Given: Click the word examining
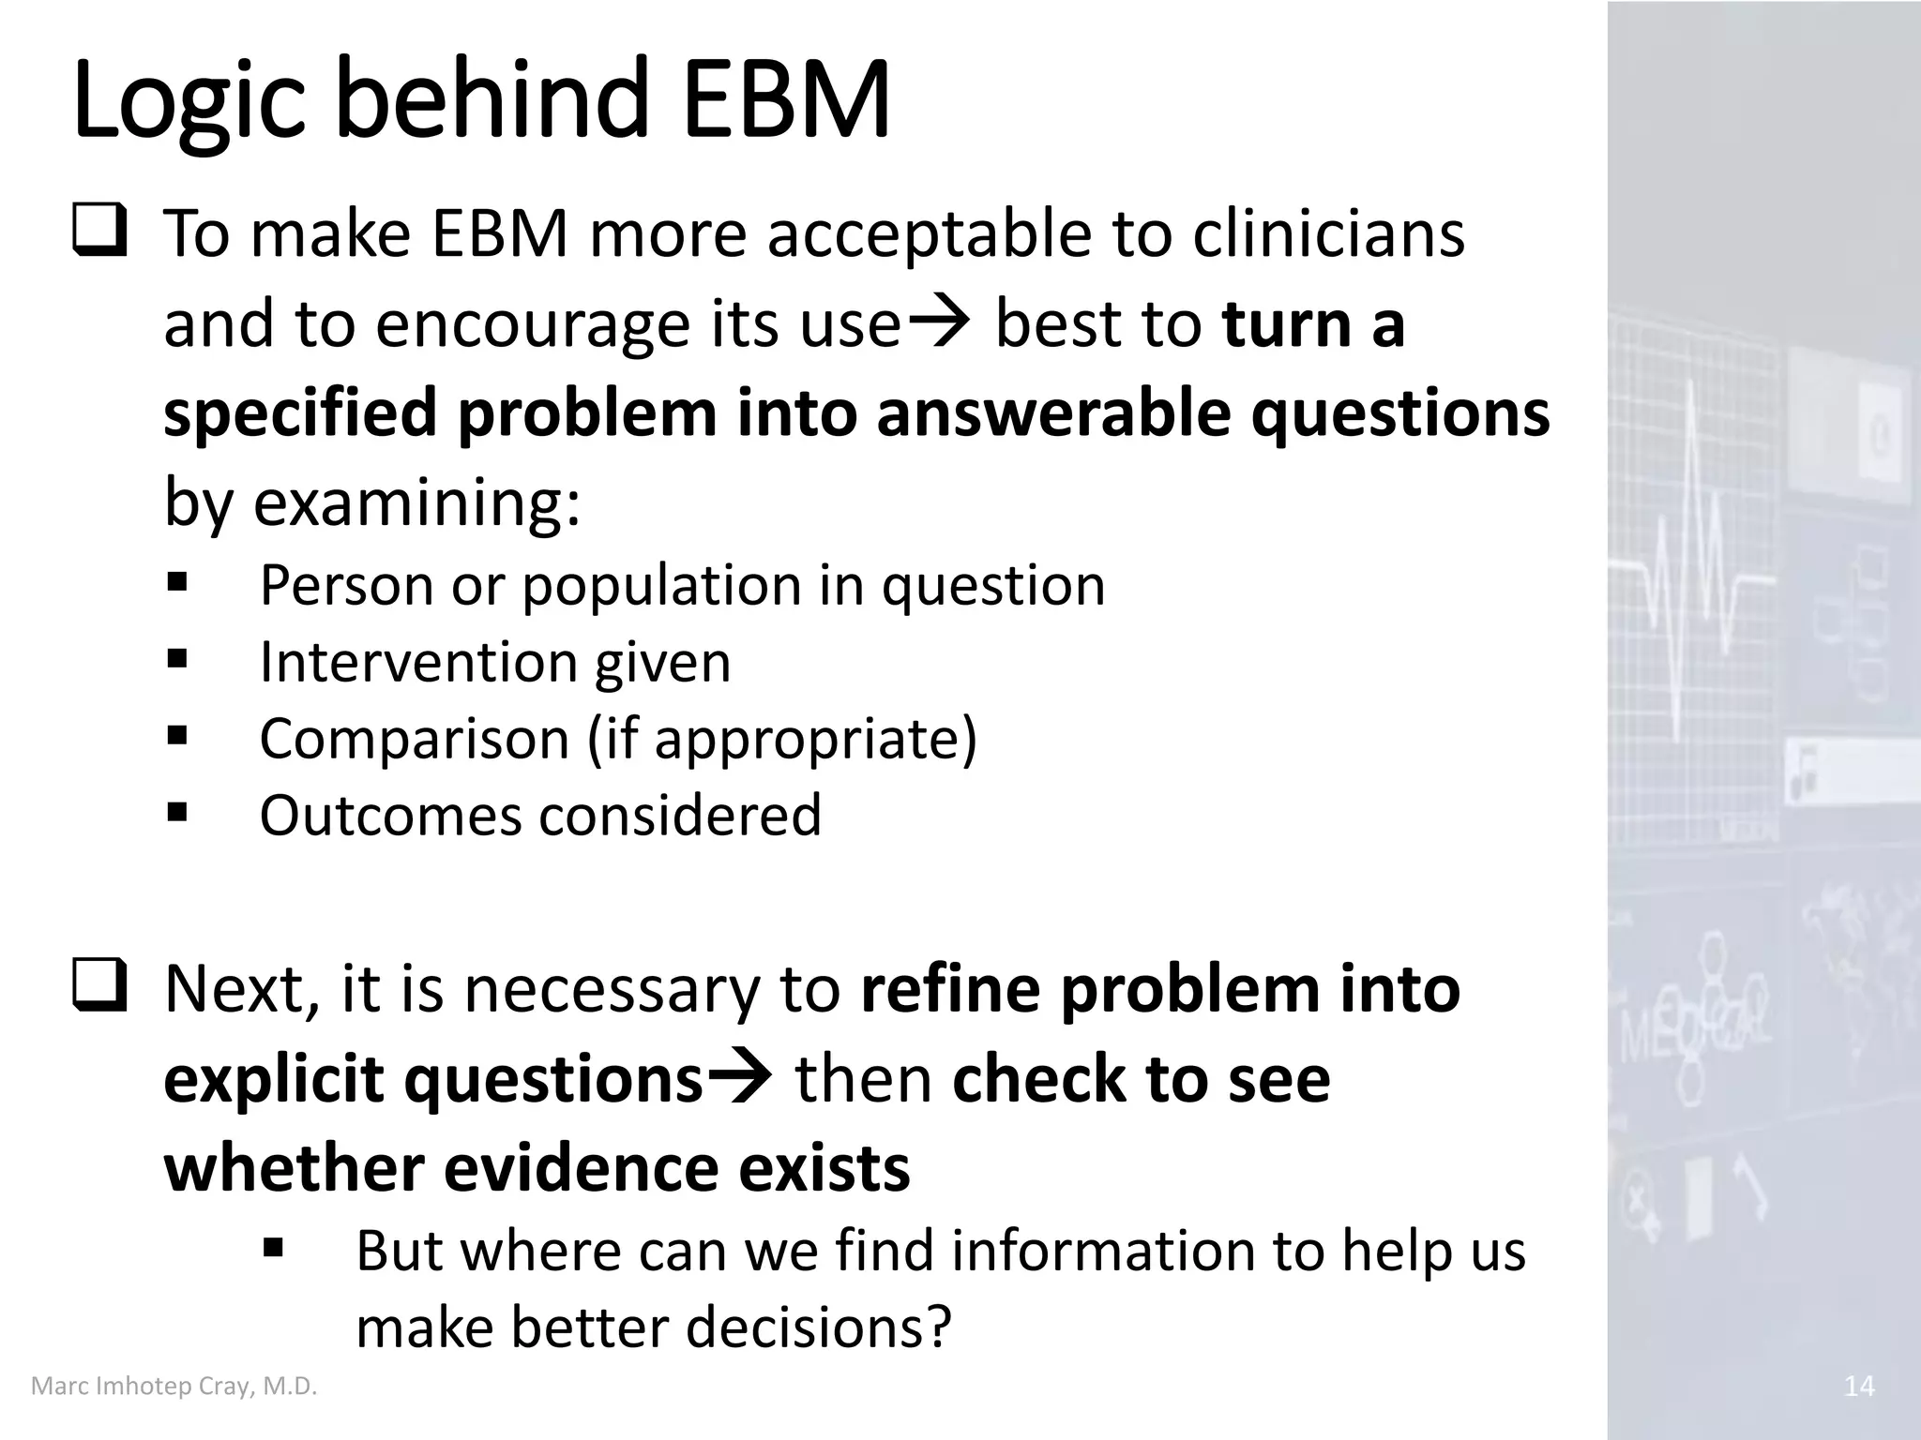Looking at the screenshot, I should click(x=417, y=503).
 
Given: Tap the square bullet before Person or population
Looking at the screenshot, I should click(x=177, y=583).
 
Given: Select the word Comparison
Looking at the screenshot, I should click(x=415, y=738).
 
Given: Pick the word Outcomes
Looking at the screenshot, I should click(x=390, y=815).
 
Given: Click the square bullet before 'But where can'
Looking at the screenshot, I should click(x=273, y=1248).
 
